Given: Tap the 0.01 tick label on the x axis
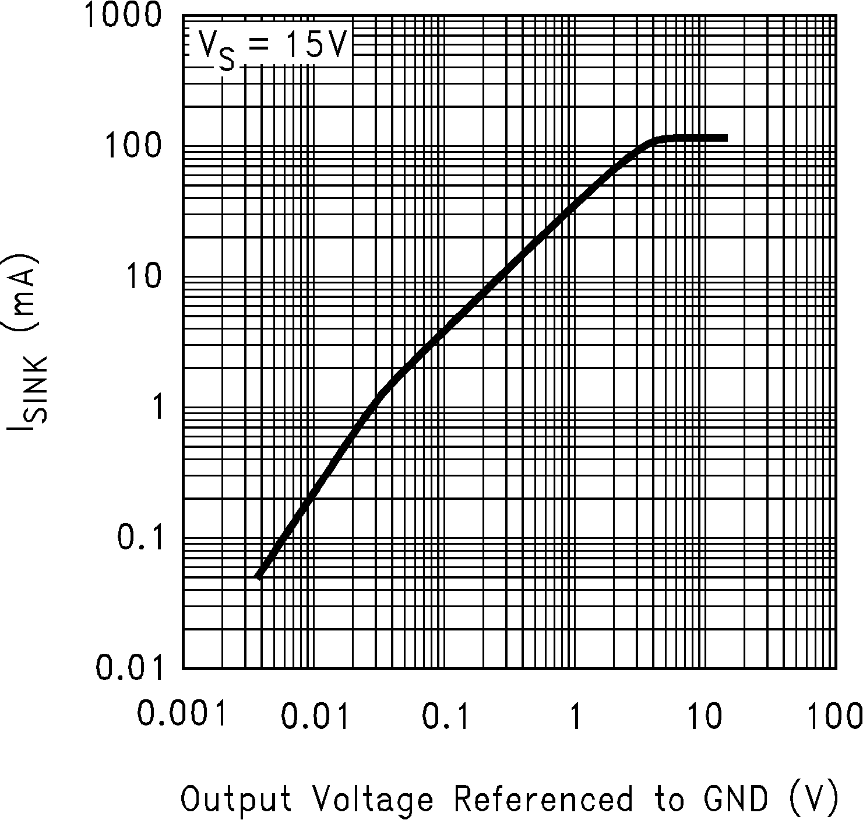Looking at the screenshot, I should point(315,716).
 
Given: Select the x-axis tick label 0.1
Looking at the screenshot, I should point(445,716).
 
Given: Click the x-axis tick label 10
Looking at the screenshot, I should point(705,716).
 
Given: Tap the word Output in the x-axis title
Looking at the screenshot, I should point(236,798).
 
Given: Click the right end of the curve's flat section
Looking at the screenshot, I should point(725,138).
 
